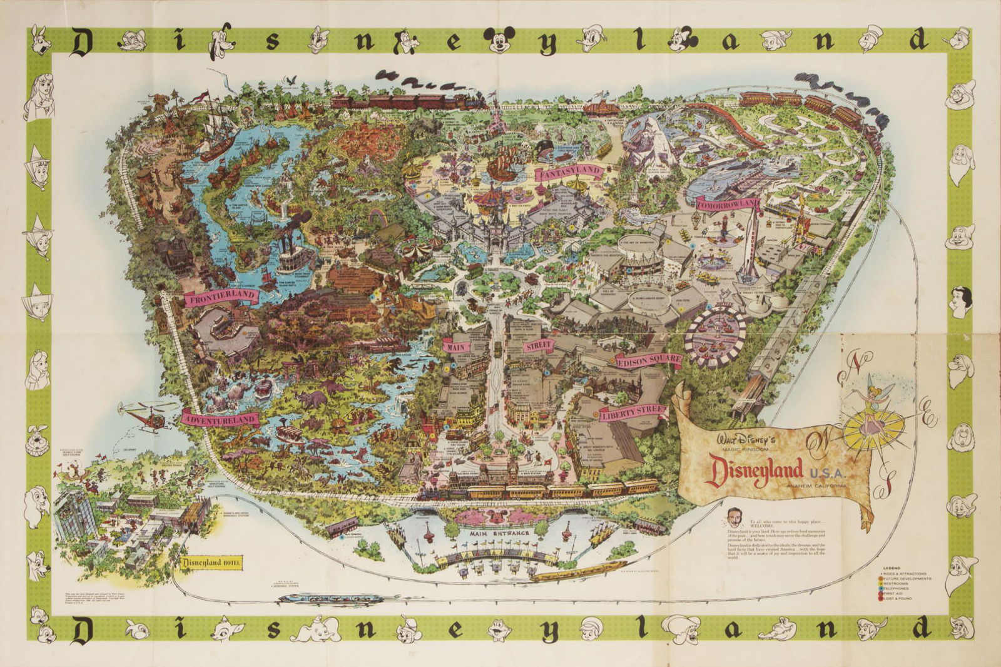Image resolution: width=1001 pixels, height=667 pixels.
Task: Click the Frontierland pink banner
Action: click(219, 297)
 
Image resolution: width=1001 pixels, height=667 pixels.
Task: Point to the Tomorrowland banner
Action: click(726, 204)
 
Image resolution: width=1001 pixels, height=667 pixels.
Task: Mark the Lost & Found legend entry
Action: click(896, 599)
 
